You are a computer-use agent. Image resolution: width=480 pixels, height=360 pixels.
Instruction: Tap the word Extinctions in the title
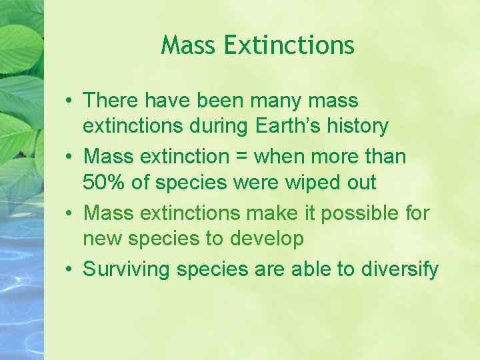pos(289,45)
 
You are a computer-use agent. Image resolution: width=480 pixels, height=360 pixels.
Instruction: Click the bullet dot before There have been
pos(69,101)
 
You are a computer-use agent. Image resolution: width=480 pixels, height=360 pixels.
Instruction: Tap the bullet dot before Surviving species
pos(69,270)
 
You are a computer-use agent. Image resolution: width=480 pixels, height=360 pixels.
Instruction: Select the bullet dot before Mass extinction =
pos(69,157)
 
